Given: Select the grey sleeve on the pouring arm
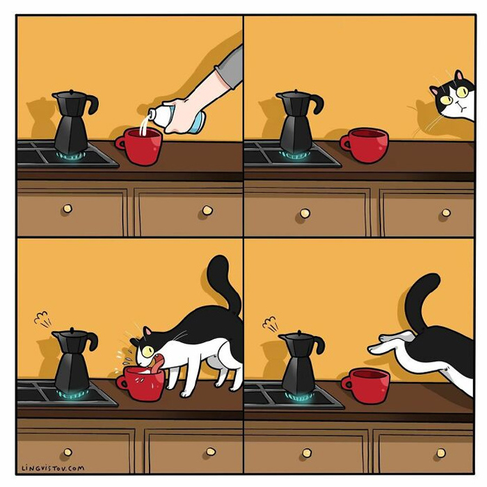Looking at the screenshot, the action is click(230, 68).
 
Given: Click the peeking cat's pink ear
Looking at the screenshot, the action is click(458, 75).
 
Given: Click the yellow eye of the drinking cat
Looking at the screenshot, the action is click(147, 351).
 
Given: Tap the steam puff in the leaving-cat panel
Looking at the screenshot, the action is click(270, 324).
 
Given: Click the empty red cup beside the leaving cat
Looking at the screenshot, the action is click(365, 385).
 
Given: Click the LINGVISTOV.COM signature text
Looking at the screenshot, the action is click(53, 468).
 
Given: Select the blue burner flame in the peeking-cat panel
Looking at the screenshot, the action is click(294, 154).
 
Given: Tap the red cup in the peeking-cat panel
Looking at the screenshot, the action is click(364, 145).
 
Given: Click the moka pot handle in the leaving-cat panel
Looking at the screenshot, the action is click(319, 343).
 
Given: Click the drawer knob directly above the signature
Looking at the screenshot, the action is click(67, 452).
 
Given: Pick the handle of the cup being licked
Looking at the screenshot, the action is click(121, 383).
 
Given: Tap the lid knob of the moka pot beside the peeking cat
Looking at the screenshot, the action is click(296, 91).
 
